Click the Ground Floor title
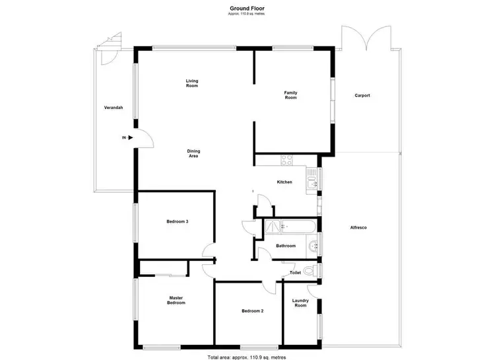pos(247,9)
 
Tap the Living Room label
pos(191,83)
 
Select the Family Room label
pos(290,94)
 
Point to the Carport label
pos(362,96)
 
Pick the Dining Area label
pos(194,153)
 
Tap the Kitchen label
pos(284,182)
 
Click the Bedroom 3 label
pos(178,221)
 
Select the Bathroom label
pos(286,246)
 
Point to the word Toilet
pos(296,272)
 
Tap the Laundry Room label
pos(300,303)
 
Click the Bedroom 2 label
pos(252,310)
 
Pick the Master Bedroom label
pos(176,301)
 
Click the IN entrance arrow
pos(130,137)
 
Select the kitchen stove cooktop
pos(287,160)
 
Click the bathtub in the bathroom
pos(290,227)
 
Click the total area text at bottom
pos(247,356)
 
